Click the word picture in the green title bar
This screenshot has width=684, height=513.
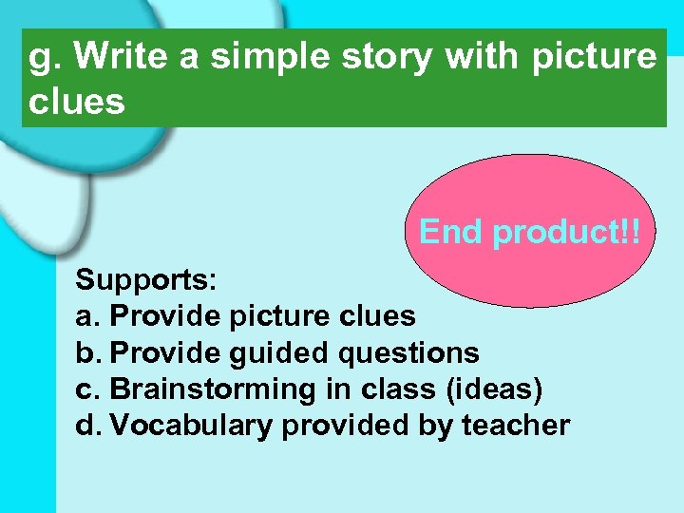tap(594, 58)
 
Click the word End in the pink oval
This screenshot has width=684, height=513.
tap(453, 232)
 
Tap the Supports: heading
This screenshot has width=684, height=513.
tap(147, 280)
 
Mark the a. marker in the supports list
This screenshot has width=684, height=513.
tap(88, 316)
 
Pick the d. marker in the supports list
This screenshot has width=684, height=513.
tap(88, 426)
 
